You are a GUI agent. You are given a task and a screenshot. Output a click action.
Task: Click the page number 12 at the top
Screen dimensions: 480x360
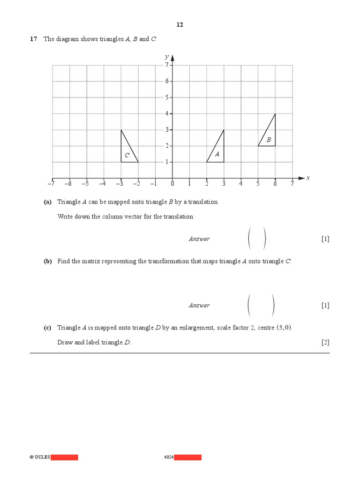(x=180, y=25)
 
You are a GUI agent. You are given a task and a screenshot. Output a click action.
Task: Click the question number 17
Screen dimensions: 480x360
(x=33, y=39)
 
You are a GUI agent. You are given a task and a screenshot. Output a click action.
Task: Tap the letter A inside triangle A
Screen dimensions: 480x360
(x=217, y=154)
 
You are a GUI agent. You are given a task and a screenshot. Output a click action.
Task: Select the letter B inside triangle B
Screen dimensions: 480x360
(x=269, y=140)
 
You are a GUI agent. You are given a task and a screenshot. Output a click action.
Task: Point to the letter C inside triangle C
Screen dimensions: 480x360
(x=127, y=155)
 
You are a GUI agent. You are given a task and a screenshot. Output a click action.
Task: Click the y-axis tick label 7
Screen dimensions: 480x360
(x=166, y=65)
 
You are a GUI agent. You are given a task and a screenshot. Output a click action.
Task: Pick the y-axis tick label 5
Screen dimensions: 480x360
(x=166, y=97)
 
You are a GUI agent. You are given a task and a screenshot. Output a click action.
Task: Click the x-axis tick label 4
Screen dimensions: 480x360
(x=241, y=184)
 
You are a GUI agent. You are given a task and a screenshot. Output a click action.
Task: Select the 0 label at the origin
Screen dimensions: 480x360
(x=172, y=184)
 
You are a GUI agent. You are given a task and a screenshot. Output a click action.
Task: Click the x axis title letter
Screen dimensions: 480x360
(x=308, y=178)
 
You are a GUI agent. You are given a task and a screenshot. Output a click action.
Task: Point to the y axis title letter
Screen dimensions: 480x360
(x=166, y=57)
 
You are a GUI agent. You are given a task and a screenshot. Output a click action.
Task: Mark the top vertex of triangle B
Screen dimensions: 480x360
(x=275, y=114)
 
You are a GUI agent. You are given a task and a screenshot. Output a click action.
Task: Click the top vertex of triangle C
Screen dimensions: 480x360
(x=121, y=130)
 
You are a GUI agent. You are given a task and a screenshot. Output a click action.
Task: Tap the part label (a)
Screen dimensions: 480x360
(x=47, y=202)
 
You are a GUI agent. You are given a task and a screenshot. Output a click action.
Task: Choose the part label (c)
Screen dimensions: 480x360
(x=47, y=328)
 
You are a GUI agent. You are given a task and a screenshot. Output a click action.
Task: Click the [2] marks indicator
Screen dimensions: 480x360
(x=325, y=342)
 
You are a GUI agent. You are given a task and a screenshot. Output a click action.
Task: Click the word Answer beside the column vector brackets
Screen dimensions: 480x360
(x=199, y=239)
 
